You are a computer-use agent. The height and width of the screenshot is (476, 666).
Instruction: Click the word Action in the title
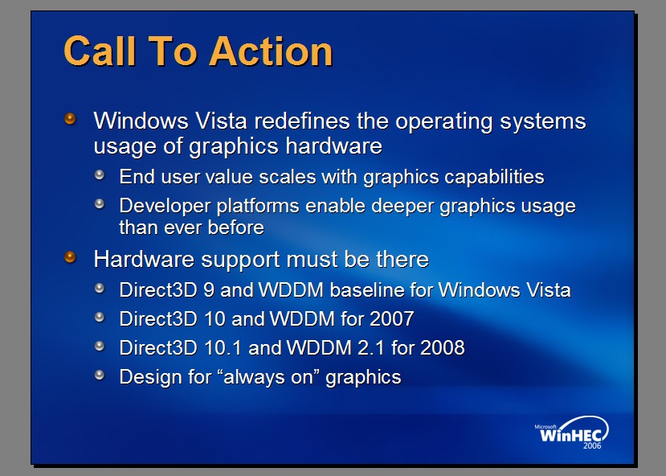point(271,51)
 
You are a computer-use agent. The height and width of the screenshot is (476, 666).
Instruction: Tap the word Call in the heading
point(100,51)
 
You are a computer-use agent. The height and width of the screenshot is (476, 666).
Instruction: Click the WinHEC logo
point(572,433)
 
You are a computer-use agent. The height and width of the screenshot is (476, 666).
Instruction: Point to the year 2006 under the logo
point(592,445)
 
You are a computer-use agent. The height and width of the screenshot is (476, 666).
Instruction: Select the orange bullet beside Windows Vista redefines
point(70,118)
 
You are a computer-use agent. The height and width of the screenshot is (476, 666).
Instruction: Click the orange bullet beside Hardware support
point(70,257)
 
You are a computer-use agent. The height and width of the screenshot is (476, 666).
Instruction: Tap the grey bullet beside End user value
point(100,174)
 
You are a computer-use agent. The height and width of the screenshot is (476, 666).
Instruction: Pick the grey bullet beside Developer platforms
point(100,203)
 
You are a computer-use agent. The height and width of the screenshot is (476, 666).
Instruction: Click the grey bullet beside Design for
point(100,375)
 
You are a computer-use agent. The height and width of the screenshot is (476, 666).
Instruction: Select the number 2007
point(392,318)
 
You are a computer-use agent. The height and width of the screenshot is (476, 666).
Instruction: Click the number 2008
point(443,347)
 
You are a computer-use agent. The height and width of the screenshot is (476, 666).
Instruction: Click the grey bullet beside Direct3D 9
point(100,288)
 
